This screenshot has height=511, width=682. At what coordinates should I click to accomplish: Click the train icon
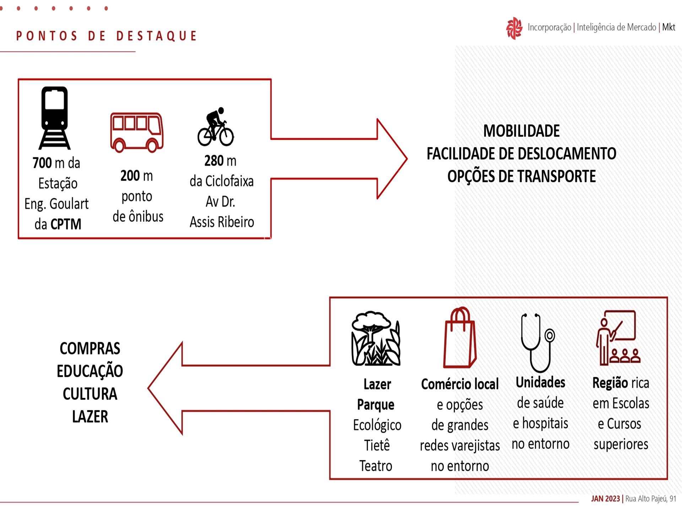[54, 118]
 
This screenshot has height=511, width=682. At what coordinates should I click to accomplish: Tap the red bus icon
[137, 132]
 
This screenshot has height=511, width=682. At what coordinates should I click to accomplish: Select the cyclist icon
[216, 127]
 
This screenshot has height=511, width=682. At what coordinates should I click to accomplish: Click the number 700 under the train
[42, 163]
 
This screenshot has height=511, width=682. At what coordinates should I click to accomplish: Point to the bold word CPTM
[66, 224]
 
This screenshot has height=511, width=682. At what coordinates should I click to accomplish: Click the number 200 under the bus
[130, 176]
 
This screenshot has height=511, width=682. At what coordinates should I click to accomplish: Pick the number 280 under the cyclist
[214, 161]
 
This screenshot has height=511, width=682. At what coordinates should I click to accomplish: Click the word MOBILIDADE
[521, 131]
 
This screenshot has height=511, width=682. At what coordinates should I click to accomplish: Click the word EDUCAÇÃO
[90, 371]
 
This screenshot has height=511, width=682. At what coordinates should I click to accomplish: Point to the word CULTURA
[90, 394]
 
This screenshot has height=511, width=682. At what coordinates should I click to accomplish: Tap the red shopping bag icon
[460, 337]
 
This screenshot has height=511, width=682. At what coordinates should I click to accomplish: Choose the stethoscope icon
[537, 343]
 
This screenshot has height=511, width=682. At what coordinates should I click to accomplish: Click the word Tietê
[377, 445]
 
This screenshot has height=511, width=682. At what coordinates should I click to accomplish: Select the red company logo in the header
[514, 28]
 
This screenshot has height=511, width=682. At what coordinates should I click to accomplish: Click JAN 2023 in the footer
[605, 499]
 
